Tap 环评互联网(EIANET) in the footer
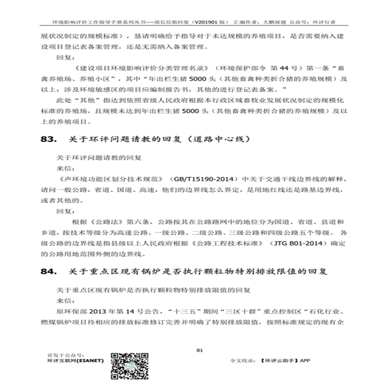[75, 360]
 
